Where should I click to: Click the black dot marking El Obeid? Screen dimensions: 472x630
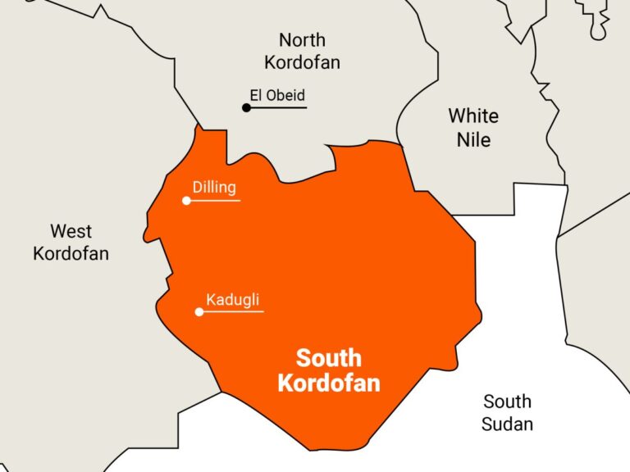coord(246,107)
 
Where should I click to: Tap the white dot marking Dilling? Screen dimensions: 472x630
coord(187,201)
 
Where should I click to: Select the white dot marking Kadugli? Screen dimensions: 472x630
coord(199,311)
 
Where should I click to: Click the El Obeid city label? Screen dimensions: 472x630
coord(277,96)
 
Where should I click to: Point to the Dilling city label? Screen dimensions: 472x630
coord(214,187)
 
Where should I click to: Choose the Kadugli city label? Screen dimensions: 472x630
coord(233,299)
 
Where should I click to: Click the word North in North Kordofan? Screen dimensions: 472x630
coord(302,39)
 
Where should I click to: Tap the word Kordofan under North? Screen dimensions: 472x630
coord(302,62)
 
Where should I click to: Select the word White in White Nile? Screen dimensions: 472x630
coord(473,116)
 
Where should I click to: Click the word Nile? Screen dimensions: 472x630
coord(473,139)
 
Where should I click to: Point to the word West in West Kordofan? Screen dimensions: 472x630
coord(71,231)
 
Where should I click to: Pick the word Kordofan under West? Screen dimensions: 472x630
coord(71,253)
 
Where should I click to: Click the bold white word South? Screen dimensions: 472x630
coord(328,358)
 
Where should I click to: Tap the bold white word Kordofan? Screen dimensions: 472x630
coord(328,383)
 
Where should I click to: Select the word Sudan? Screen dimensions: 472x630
coord(507,424)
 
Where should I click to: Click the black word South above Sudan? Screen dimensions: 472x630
coord(507,402)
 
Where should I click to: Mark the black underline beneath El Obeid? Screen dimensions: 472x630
coord(279,107)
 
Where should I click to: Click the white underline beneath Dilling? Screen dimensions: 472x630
coord(216,201)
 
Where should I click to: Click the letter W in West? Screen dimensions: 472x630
coord(57,231)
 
